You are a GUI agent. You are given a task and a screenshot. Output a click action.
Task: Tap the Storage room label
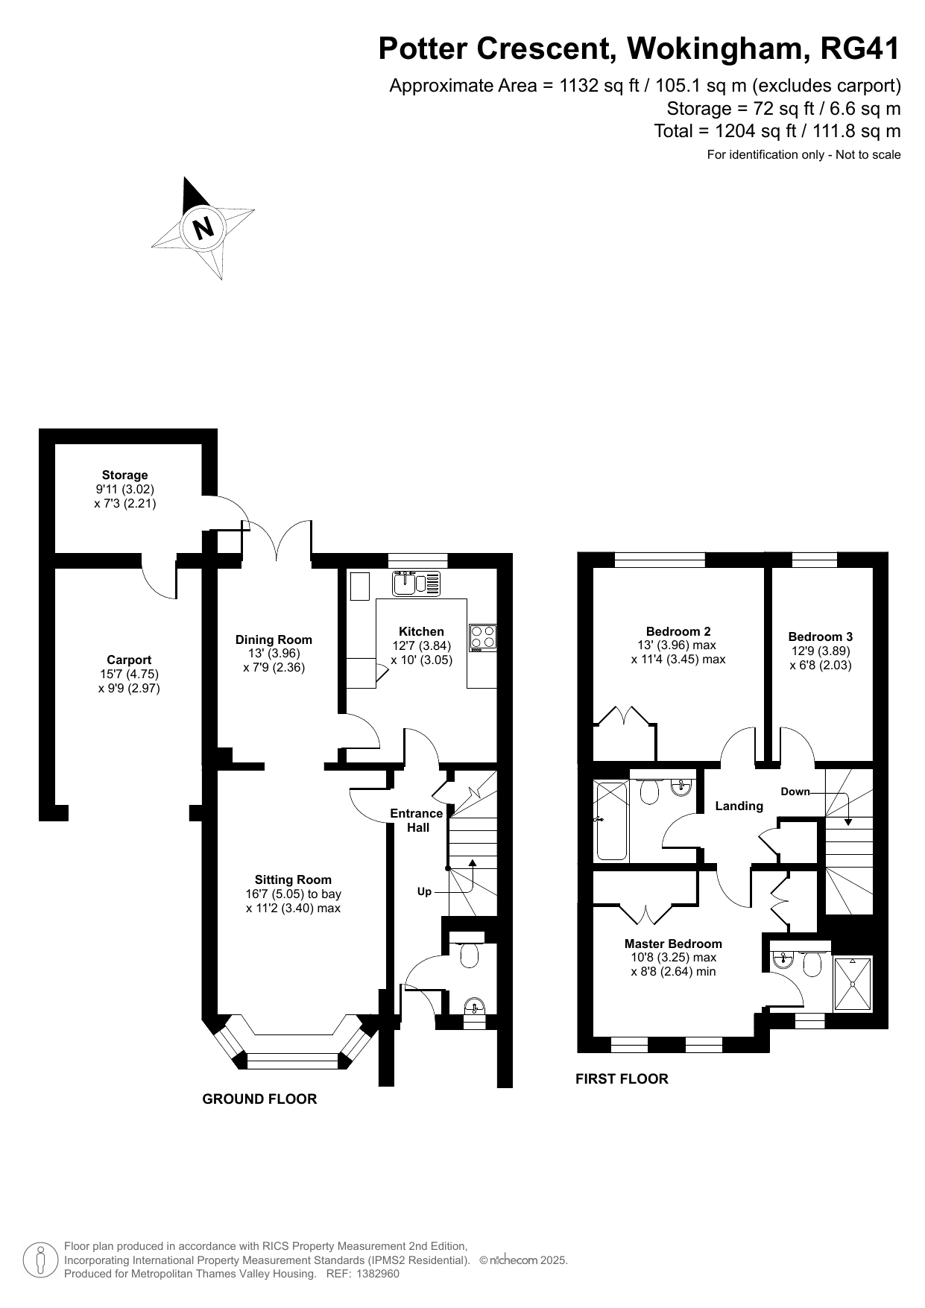125,475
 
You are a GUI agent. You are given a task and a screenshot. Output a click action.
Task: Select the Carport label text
129,660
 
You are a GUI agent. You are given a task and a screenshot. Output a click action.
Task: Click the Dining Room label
274,639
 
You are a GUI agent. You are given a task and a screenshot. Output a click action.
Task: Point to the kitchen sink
417,583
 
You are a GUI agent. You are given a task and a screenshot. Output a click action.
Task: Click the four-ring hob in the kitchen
482,638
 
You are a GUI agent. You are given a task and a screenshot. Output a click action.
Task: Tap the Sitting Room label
293,879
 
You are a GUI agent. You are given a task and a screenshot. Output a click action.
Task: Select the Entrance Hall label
417,821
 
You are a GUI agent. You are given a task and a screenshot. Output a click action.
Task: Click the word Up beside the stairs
424,891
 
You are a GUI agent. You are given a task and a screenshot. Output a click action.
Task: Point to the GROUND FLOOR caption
259,1099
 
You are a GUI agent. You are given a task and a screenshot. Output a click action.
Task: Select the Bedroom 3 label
821,636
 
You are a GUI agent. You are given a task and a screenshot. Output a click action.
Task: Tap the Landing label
739,806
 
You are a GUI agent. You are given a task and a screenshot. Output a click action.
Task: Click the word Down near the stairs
795,792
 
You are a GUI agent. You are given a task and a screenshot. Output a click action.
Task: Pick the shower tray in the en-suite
852,984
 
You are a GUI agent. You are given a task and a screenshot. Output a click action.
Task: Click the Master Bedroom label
673,944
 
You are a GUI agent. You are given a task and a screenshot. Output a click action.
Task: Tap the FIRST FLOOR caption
622,1078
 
